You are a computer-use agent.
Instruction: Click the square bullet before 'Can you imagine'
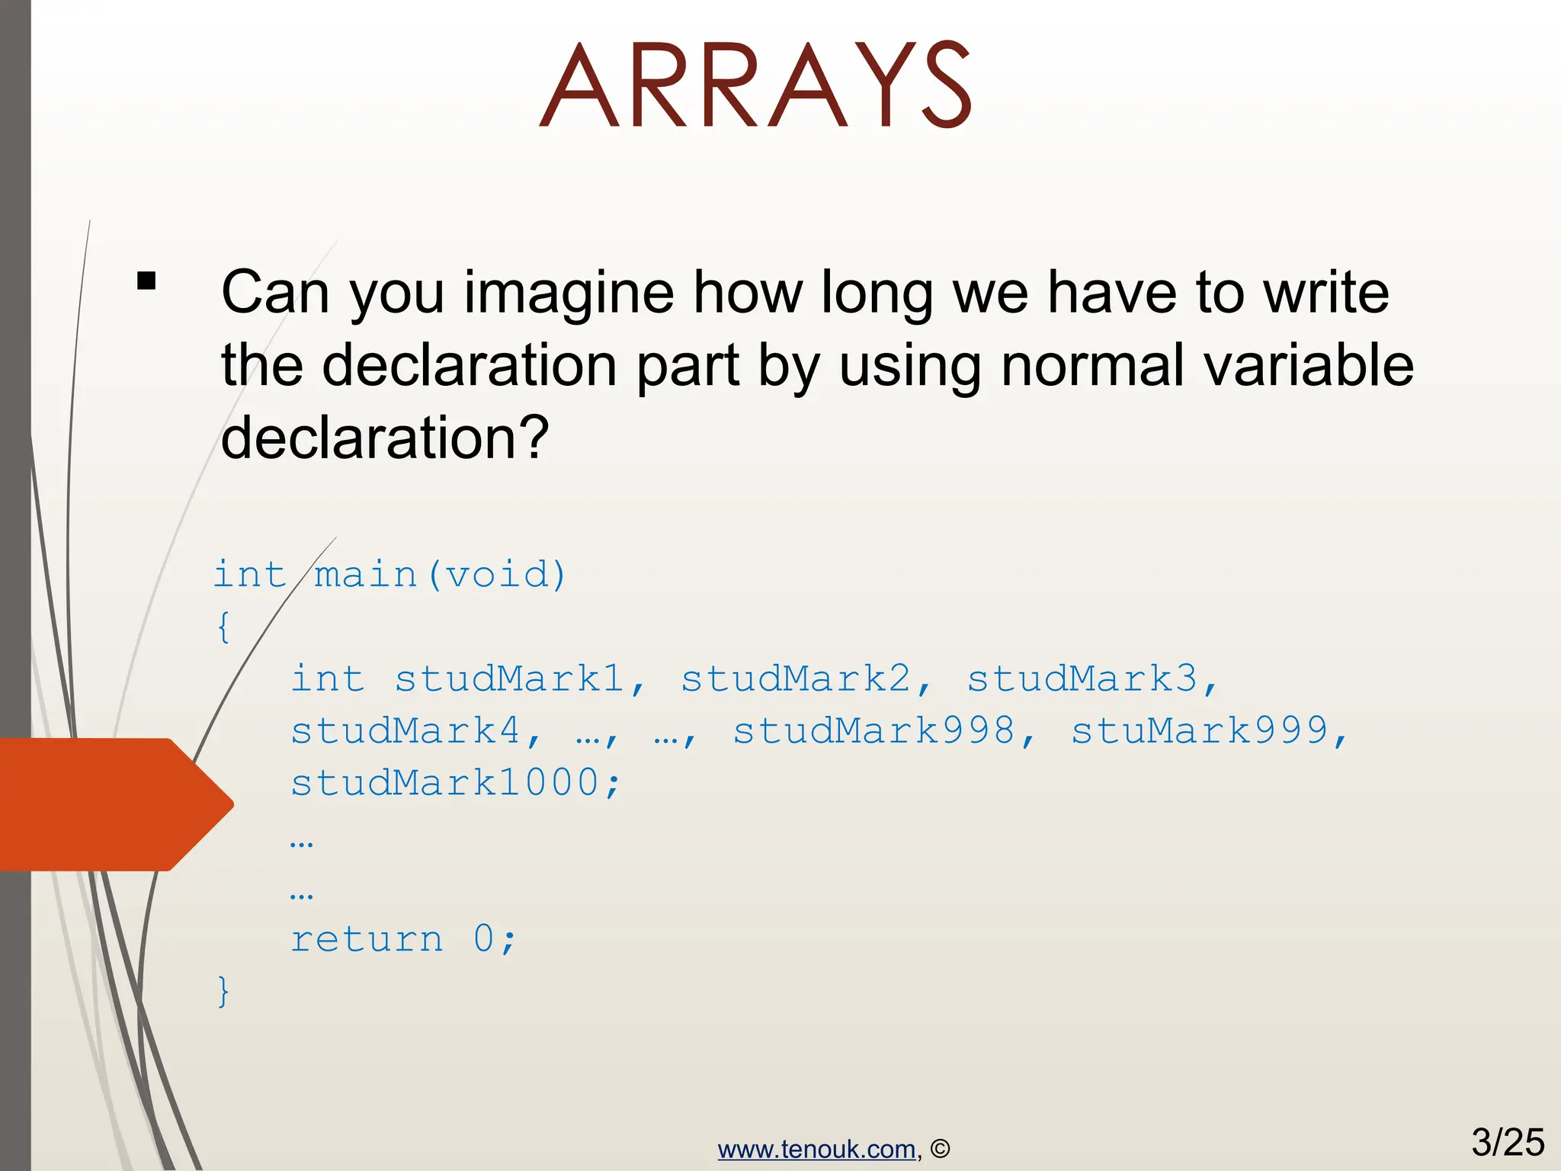[146, 281]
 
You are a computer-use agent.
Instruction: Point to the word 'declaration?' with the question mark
[384, 438]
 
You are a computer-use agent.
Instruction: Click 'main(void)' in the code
[441, 575]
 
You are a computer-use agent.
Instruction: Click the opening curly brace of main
[223, 627]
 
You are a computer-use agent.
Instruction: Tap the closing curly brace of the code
[223, 990]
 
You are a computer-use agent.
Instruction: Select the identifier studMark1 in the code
[509, 679]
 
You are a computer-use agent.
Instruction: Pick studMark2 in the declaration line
[795, 679]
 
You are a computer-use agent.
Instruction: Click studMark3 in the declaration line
[1082, 679]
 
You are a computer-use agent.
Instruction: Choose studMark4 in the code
[405, 731]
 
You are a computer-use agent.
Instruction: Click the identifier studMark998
[873, 731]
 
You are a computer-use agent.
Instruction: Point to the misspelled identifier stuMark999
[1199, 731]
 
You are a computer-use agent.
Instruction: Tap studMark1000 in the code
[445, 783]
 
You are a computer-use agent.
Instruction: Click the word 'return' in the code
[367, 938]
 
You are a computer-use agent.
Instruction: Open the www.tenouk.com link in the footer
[816, 1149]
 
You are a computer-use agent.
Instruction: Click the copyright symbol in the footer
[941, 1149]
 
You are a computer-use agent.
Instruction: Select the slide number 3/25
[1507, 1142]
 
